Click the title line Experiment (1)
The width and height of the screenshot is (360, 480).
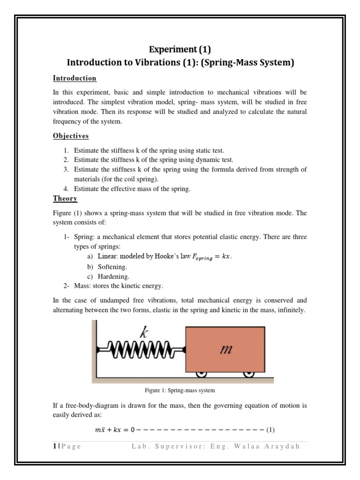(x=180, y=50)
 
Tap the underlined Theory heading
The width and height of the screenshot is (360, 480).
(x=65, y=199)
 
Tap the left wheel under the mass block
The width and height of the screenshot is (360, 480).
(x=202, y=374)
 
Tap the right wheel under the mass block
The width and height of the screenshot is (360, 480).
(x=248, y=374)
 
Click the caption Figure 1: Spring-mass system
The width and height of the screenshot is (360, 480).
(x=180, y=390)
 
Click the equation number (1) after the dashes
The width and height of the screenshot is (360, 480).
(x=270, y=429)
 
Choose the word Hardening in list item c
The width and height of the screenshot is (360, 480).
(x=113, y=276)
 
